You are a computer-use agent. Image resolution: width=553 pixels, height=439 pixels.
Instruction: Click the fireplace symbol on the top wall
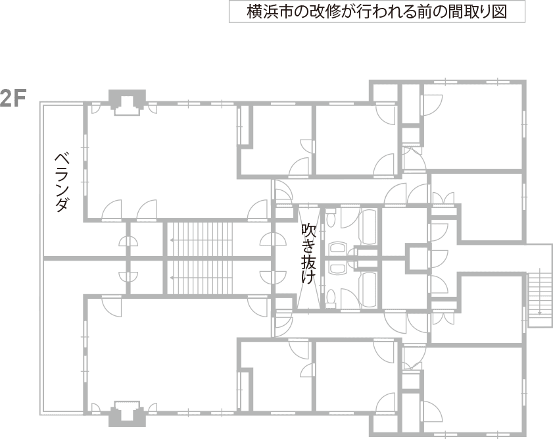point(128,103)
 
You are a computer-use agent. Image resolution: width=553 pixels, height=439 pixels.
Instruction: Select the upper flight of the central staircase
point(201,240)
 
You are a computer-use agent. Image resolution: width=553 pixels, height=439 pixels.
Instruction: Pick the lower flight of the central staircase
point(201,278)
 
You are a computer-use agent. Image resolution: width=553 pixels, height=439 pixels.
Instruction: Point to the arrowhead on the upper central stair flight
point(171,240)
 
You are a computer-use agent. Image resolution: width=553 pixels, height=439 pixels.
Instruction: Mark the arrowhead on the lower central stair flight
point(171,278)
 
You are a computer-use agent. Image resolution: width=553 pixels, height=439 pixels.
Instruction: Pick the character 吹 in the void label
point(308,231)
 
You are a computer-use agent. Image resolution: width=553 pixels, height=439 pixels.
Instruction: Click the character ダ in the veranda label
point(61,205)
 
